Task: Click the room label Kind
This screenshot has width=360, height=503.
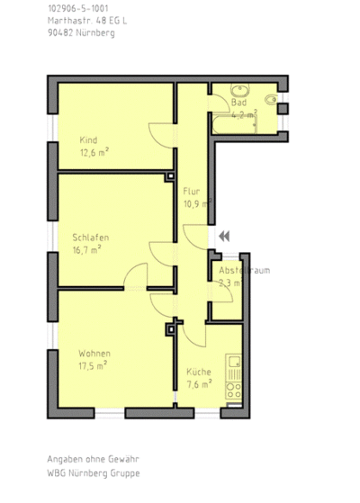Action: point(88,139)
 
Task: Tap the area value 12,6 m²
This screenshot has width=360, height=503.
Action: point(94,152)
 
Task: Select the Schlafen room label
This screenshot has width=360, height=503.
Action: point(91,237)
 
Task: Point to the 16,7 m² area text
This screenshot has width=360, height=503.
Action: point(86,249)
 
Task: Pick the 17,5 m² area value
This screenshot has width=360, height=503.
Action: point(93,364)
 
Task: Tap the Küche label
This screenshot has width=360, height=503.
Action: point(199,372)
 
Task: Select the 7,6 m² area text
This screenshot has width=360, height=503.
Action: point(199,383)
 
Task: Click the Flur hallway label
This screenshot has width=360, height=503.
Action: point(191,192)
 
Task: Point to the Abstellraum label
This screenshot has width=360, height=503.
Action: point(244,270)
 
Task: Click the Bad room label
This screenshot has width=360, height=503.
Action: point(238,103)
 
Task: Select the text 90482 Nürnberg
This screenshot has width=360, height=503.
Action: point(81,32)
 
